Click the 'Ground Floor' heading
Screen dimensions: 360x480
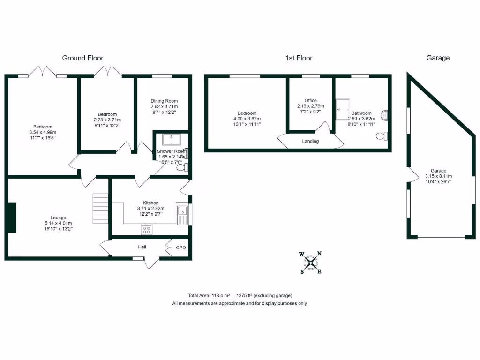point(82,58)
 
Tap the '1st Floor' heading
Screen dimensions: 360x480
point(299,58)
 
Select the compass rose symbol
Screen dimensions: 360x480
point(310,262)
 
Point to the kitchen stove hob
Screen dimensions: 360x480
point(146,230)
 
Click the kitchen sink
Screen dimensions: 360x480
point(182,215)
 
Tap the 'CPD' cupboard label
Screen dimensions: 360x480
point(180,247)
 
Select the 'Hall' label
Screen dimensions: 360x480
point(142,247)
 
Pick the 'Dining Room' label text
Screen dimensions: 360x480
point(164,101)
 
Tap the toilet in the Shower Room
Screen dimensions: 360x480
point(187,168)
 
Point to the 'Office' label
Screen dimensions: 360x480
point(310,100)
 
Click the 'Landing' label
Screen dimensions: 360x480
point(310,141)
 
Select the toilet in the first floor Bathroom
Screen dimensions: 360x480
point(382,136)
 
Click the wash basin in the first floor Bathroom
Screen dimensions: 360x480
point(385,114)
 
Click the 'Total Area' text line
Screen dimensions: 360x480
point(240,295)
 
